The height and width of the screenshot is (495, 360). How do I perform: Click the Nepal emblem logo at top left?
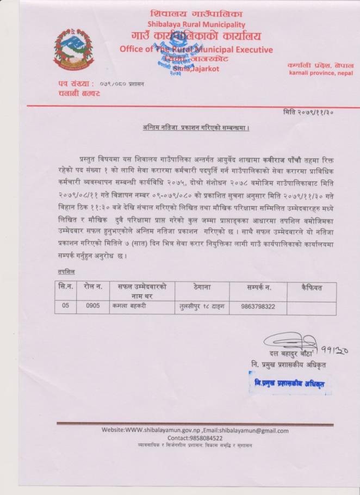point(73,49)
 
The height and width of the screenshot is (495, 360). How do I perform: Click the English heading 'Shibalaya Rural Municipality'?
point(196,24)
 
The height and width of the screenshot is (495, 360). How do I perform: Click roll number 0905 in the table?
point(93,306)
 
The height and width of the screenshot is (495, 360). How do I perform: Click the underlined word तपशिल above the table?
point(66,271)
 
